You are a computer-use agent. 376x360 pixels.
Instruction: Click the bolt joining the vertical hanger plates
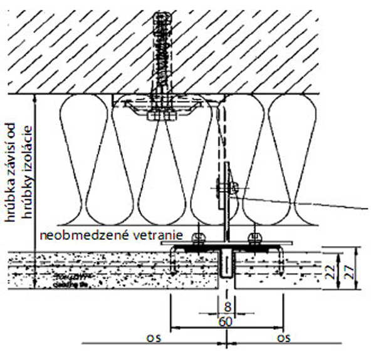click(226, 186)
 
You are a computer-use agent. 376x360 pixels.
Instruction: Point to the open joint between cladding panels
click(226, 269)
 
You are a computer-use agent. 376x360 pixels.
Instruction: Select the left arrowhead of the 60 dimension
click(173, 327)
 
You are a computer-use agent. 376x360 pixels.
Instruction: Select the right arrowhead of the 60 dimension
click(281, 327)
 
